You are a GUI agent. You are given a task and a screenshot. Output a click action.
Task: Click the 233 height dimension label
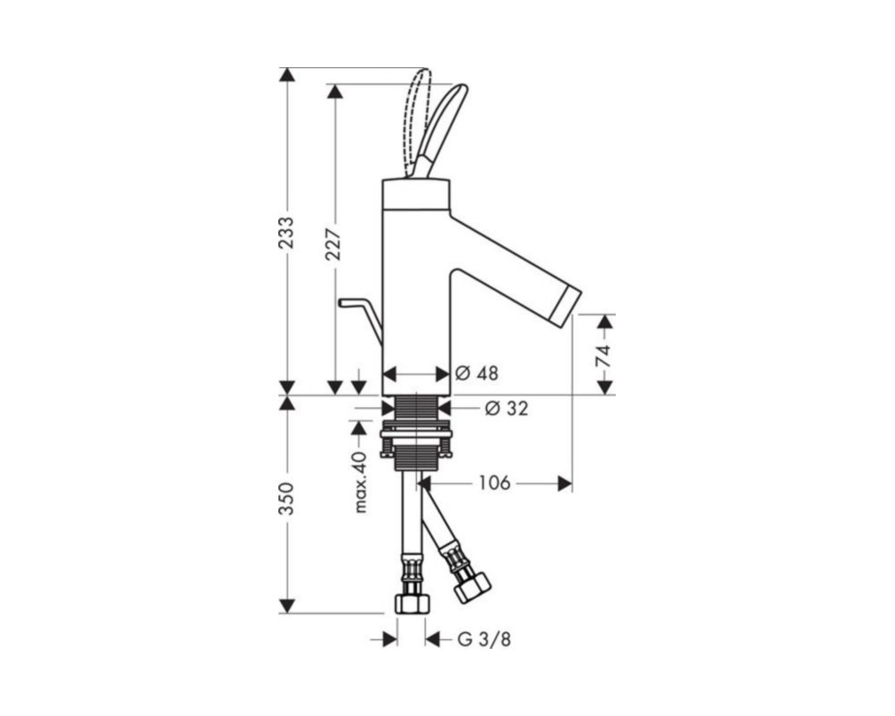tap(287, 233)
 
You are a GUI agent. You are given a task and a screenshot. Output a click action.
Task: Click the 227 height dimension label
tap(334, 243)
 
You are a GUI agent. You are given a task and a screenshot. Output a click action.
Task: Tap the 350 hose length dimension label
tap(287, 499)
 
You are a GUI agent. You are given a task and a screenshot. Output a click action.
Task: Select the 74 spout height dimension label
tap(603, 355)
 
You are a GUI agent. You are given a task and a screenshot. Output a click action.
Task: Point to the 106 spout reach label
tap(494, 483)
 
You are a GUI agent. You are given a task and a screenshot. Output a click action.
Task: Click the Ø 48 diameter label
tap(477, 373)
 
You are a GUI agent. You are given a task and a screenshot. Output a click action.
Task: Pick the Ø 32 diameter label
tap(507, 408)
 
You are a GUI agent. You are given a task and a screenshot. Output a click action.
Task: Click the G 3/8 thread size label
tap(484, 640)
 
